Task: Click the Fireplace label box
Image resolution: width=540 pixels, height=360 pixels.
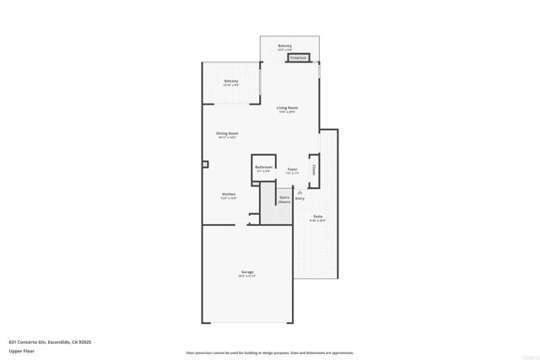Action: pyautogui.click(x=299, y=58)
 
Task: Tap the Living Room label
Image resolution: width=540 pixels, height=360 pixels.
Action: pyautogui.click(x=288, y=107)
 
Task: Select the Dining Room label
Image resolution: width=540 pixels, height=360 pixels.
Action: pyautogui.click(x=227, y=133)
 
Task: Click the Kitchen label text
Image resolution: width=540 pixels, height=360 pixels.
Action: pyautogui.click(x=228, y=194)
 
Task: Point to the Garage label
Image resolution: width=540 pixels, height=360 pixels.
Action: pyautogui.click(x=247, y=271)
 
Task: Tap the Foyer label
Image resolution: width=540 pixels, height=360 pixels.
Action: pyautogui.click(x=292, y=169)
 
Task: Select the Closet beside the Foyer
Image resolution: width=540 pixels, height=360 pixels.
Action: pyautogui.click(x=314, y=169)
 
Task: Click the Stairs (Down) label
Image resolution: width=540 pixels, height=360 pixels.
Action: pyautogui.click(x=284, y=200)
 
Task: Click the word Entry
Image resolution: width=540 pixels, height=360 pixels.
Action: pyautogui.click(x=300, y=199)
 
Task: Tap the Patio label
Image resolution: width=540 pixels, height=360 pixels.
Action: pyautogui.click(x=317, y=217)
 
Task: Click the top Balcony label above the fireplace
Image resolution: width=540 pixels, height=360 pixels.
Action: pyautogui.click(x=285, y=46)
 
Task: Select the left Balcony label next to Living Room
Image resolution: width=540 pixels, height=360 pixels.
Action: pyautogui.click(x=230, y=81)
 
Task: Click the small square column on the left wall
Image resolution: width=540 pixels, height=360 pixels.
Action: pyautogui.click(x=204, y=164)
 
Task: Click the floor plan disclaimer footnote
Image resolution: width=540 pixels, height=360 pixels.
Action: pyautogui.click(x=269, y=353)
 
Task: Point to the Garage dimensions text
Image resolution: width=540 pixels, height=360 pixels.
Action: pyautogui.click(x=247, y=276)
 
